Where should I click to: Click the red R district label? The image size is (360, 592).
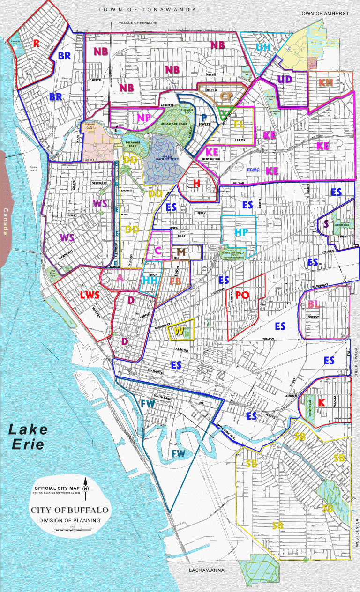36,43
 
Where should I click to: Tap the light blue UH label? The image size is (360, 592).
263,47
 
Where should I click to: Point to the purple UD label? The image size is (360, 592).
285,79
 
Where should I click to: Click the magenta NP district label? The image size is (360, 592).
144,118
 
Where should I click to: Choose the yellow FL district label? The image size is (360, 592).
239,124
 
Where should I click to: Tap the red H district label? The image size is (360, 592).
197,183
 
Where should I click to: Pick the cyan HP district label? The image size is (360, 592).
241,232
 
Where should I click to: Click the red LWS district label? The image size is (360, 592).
90,295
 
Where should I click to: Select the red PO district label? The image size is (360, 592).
242,295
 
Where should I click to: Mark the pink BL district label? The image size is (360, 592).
314,304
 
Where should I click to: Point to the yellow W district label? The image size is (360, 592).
179,330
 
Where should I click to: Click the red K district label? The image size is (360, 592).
321,402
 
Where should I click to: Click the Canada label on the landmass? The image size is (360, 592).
6,221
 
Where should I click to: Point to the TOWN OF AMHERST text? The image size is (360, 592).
324,14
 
